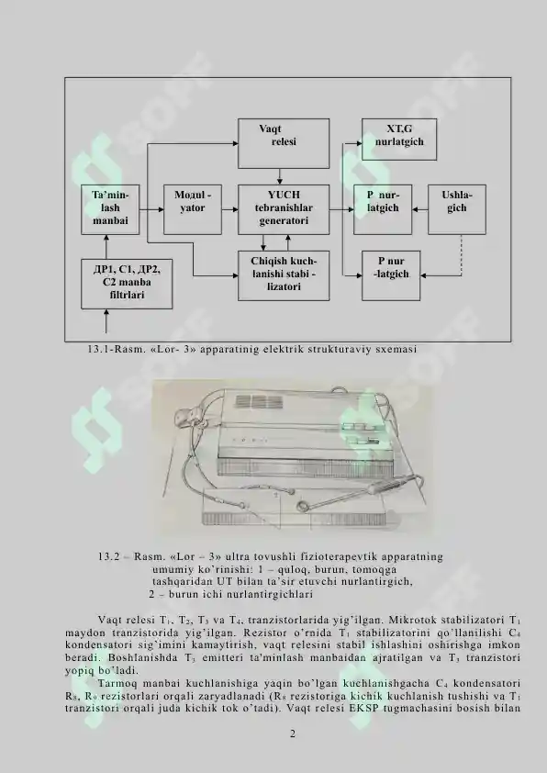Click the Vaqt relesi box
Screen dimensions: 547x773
[x=284, y=143]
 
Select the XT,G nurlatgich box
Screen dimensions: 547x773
[x=399, y=139]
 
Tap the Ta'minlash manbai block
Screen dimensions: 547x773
[x=110, y=209]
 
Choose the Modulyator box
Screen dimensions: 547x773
[x=193, y=209]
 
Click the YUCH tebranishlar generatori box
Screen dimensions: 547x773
[x=284, y=209]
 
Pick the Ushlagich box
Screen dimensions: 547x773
[x=457, y=209]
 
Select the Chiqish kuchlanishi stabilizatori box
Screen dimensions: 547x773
[x=284, y=275]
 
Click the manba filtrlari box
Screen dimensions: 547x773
[x=127, y=284]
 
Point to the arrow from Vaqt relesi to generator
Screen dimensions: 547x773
[x=279, y=176]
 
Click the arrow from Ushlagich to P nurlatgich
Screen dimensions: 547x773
[x=419, y=209]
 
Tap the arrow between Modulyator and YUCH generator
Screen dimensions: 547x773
[x=229, y=209]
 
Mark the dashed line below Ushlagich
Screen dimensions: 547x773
[x=462, y=255]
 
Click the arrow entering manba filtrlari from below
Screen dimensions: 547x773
[x=106, y=321]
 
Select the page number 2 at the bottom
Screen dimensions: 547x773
[x=293, y=734]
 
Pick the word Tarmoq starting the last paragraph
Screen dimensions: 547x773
[x=116, y=684]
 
